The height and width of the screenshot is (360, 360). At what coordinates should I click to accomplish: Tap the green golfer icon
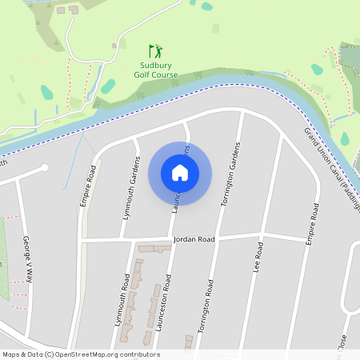[x=155, y=51]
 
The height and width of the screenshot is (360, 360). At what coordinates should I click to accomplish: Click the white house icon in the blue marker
[x=180, y=172]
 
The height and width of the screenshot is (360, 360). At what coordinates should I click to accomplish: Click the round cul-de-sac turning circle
[x=45, y=168]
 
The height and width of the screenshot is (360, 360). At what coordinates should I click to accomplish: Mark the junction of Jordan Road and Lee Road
[x=262, y=235]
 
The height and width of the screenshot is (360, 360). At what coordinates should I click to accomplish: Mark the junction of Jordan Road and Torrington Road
[x=218, y=237]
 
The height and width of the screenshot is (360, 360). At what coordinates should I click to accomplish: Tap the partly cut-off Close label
[x=342, y=347]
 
